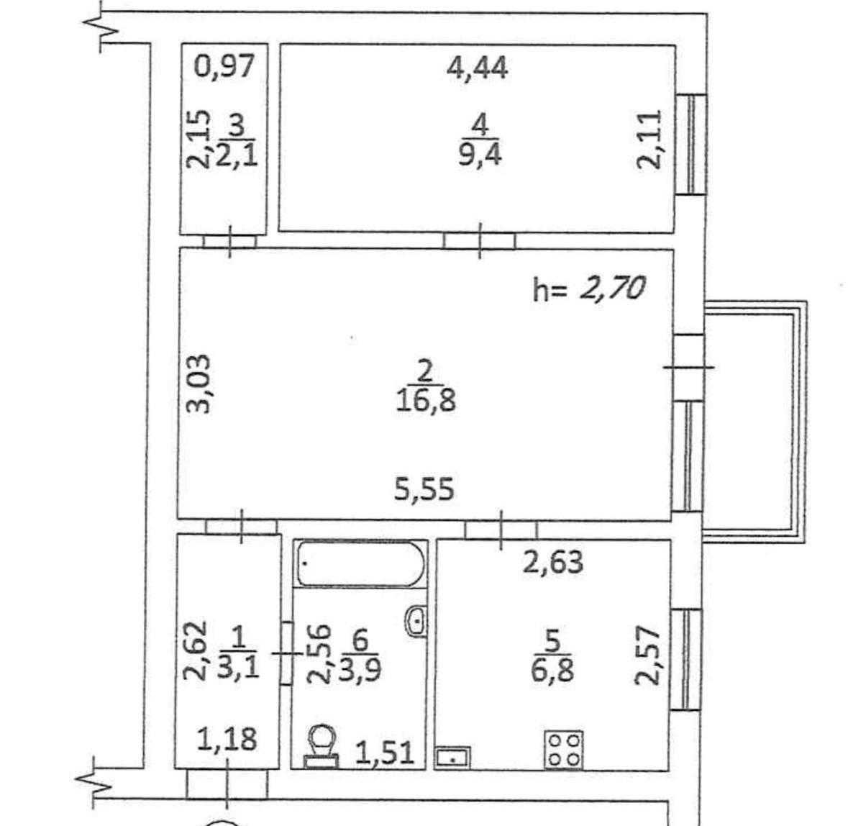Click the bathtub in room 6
tap(361, 563)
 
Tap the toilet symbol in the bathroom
tap(322, 746)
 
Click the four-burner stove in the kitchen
tap(563, 749)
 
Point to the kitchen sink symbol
tap(452, 758)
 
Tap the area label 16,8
tap(426, 401)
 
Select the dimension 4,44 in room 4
tap(478, 68)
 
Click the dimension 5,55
tap(424, 489)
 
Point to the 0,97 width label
tap(224, 66)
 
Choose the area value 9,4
tap(480, 155)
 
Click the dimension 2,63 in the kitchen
tap(553, 562)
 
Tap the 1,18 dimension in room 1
tap(227, 738)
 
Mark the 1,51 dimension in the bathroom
tap(385, 752)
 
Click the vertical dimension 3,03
tap(198, 383)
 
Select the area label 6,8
tap(552, 671)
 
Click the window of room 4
tap(691, 145)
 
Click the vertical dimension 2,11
tap(649, 140)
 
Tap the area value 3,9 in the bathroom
tap(360, 670)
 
